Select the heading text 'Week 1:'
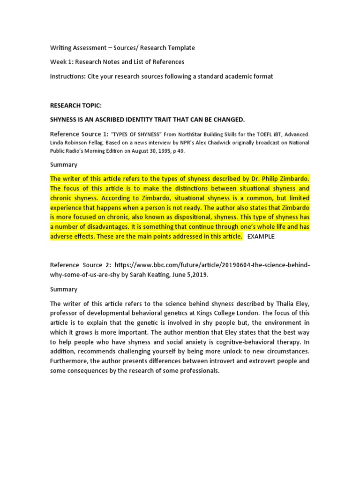tap(61, 62)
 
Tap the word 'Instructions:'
tap(68, 76)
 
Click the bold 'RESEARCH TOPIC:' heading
tap(75, 105)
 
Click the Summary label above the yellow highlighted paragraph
tap(64, 165)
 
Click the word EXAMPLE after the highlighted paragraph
tap(261, 236)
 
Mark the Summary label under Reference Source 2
tap(64, 289)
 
